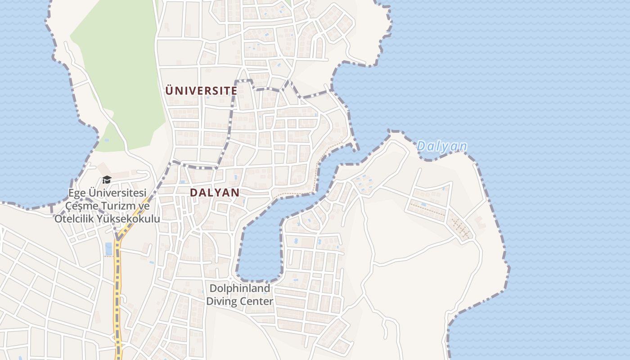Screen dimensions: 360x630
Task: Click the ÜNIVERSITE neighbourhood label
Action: [201, 90]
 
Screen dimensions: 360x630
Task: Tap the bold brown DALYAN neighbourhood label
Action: [214, 193]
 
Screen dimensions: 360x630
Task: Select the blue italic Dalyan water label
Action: [441, 146]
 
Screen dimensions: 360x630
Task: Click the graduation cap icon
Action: [107, 180]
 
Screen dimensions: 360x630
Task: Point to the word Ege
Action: [76, 193]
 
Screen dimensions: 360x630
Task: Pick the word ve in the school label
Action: [143, 206]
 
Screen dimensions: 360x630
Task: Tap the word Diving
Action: [221, 301]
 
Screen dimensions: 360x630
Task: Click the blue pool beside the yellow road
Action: [108, 248]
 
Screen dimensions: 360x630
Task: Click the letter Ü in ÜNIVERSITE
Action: [169, 90]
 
